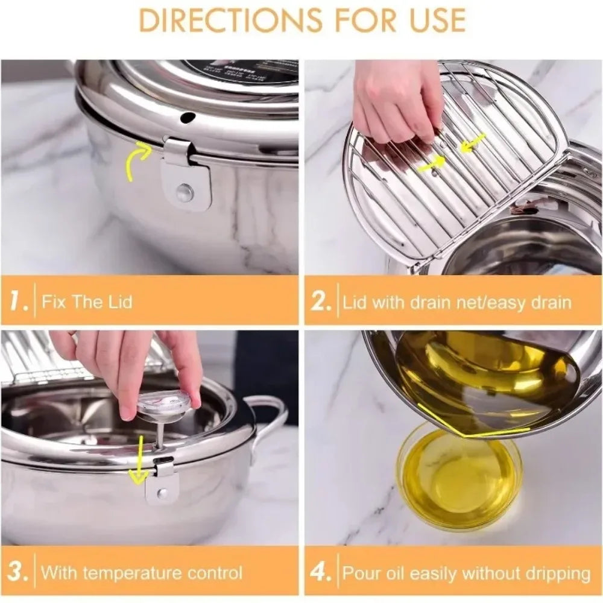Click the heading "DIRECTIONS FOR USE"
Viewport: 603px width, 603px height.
(x=301, y=20)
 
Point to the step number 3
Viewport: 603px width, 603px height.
(x=17, y=572)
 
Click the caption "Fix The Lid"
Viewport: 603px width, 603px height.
(x=87, y=301)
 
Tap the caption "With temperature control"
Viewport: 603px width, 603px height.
(x=142, y=572)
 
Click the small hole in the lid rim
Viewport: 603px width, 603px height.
(x=189, y=116)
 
